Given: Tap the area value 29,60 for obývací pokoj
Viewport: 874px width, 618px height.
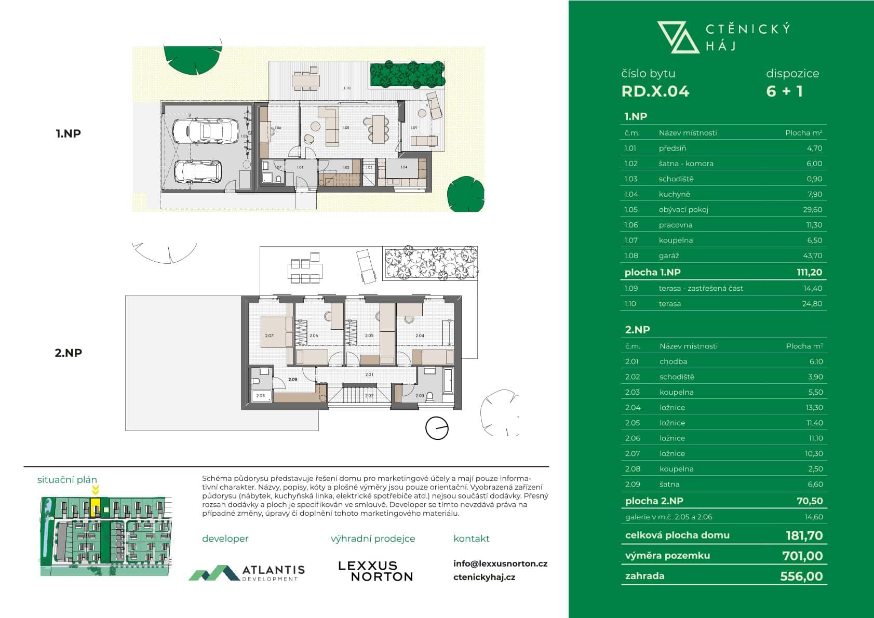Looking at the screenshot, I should (812, 209).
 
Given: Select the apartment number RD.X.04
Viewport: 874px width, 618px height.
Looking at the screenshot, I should (655, 91).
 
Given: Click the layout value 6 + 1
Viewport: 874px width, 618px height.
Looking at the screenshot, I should (784, 91).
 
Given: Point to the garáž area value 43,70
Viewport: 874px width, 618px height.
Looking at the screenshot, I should (812, 256).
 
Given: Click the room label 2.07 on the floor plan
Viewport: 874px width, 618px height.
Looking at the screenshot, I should (269, 335).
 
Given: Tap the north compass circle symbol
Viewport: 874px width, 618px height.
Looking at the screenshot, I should (437, 428).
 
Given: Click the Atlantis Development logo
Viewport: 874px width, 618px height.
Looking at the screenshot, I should (247, 572).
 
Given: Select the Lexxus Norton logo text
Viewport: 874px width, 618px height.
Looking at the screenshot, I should (375, 571).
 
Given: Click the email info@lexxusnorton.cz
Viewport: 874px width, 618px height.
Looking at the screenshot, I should (500, 563).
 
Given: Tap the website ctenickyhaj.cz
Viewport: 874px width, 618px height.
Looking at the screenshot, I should (484, 577).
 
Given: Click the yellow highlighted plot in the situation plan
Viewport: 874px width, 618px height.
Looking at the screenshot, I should (96, 507).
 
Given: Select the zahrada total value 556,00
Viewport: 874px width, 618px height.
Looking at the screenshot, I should (801, 576).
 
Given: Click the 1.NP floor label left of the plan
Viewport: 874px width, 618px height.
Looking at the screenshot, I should (68, 133).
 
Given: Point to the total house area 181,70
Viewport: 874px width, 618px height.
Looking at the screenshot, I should (804, 535).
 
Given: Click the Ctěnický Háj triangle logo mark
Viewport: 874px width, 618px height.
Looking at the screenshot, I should (678, 37).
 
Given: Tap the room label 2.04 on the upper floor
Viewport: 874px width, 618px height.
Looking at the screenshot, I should (420, 335).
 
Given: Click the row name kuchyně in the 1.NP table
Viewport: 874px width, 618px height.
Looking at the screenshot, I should (674, 194).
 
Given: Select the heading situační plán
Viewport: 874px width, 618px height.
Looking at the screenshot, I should (67, 480).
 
